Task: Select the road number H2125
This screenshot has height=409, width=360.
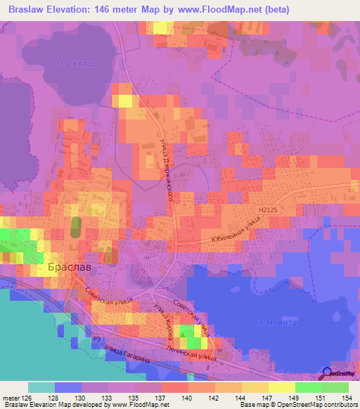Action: [269, 209]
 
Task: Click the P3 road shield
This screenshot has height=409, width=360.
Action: [96, 339]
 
